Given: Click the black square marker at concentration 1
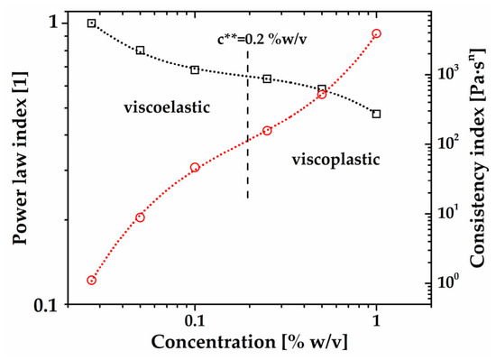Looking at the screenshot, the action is (x=376, y=114).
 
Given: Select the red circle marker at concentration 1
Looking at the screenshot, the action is (x=376, y=33).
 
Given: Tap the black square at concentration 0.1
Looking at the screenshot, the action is (x=195, y=69).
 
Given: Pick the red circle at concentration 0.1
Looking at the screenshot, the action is (x=195, y=167).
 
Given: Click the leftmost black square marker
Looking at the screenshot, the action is (x=91, y=23).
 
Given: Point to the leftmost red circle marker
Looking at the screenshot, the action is (x=91, y=281).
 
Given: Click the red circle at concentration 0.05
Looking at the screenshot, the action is (x=140, y=217).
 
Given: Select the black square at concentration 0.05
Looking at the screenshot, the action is (x=140, y=51).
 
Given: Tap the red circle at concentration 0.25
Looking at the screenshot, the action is (x=267, y=131).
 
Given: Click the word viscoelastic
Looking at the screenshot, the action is (x=167, y=107).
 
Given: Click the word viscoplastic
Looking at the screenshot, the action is (x=335, y=159).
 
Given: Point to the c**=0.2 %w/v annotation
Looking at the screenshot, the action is (x=262, y=39).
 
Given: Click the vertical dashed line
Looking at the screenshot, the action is (x=248, y=125).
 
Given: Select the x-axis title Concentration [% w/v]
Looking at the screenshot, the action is (x=249, y=342).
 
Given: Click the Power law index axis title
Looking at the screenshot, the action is (x=20, y=158).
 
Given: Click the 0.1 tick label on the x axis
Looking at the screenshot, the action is (x=195, y=320).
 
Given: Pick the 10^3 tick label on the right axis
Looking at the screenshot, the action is (x=446, y=73).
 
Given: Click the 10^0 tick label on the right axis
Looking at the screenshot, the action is (x=446, y=282).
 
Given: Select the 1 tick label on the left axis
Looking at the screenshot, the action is (x=54, y=23).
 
